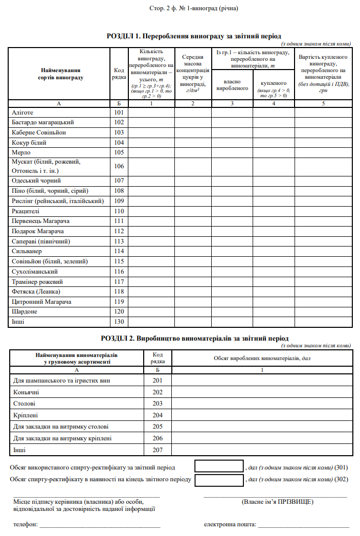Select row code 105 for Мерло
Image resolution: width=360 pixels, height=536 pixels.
119,152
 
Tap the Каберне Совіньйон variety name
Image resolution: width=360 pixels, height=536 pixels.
38,132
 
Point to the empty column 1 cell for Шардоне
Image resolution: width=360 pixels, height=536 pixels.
151,311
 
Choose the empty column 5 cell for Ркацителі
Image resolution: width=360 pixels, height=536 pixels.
323,211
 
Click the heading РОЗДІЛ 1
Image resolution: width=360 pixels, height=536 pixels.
193,36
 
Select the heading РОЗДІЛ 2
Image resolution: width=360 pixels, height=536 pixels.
194,338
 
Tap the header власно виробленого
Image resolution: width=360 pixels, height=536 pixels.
232,85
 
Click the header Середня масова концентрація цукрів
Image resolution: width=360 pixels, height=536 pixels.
193,73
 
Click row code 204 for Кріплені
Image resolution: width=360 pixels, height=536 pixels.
157,415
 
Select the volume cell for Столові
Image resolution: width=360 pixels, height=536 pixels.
262,404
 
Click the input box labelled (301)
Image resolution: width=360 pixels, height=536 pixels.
219,466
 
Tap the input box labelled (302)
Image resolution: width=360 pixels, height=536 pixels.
219,480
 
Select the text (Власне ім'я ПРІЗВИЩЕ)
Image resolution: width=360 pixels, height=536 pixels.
277,502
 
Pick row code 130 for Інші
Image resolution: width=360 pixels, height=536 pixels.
119,322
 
